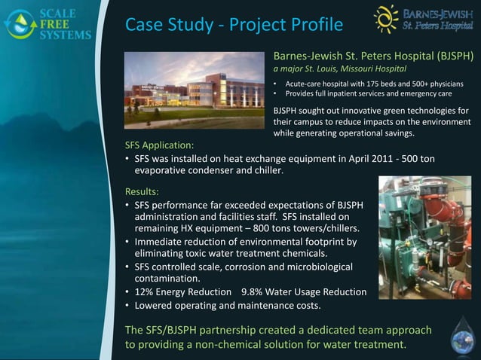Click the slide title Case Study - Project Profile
pos(234,26)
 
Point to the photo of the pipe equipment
pos(424,237)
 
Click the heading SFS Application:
pos(160,145)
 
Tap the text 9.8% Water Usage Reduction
pos(304,292)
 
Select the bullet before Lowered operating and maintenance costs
pos(127,306)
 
